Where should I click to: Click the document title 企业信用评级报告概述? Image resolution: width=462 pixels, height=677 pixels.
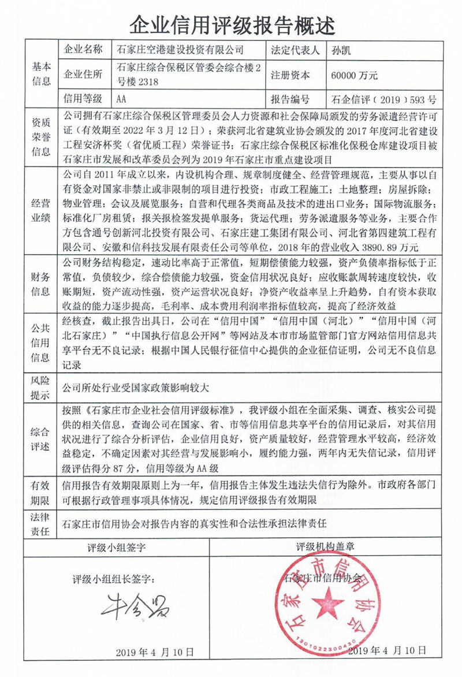231,24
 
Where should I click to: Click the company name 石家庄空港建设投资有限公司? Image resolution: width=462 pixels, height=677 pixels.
172,50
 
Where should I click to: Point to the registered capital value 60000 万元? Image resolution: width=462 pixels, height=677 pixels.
355,75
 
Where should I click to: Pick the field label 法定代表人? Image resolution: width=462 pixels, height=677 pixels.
295,50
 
